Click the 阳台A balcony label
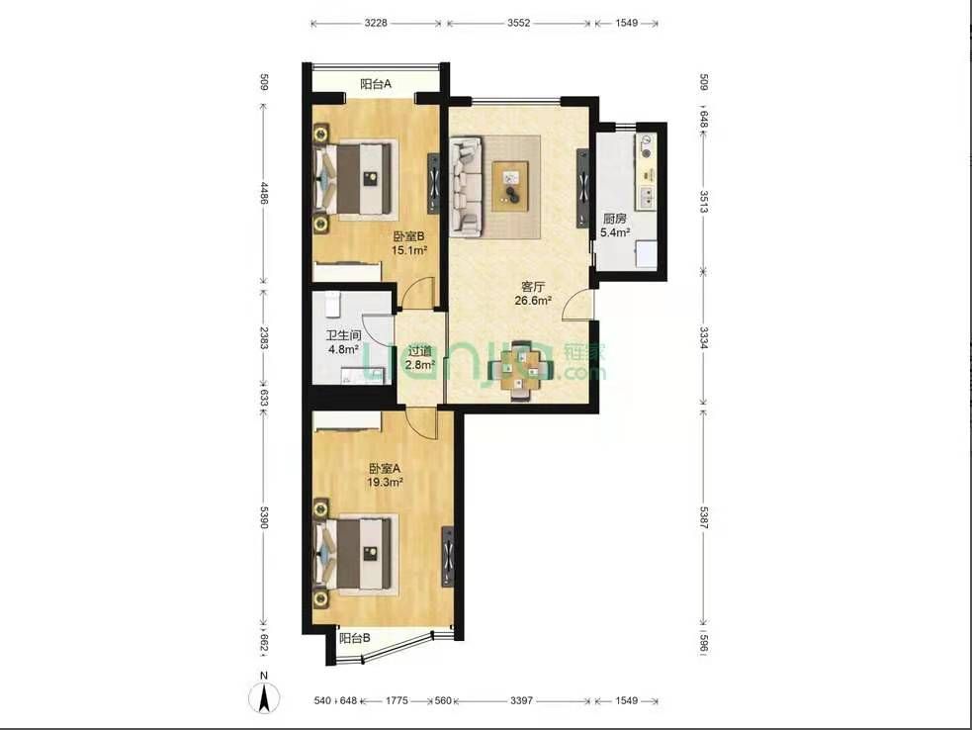[x=376, y=84]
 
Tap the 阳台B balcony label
[x=355, y=638]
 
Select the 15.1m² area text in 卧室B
[x=409, y=250]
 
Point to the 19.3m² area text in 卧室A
[x=385, y=482]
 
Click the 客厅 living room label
[x=533, y=287]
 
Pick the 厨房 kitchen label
[x=615, y=219]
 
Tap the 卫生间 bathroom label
[x=344, y=335]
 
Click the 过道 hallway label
[x=419, y=351]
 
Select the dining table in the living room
[x=521, y=371]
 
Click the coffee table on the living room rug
[x=510, y=186]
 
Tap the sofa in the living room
[x=466, y=186]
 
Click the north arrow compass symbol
[x=264, y=696]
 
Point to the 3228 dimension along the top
[x=376, y=23]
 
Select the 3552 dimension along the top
[x=519, y=23]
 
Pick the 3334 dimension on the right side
[x=704, y=338]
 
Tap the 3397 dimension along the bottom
[x=521, y=700]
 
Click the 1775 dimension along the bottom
[x=397, y=700]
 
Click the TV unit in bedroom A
[x=448, y=556]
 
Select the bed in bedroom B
[x=356, y=179]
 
